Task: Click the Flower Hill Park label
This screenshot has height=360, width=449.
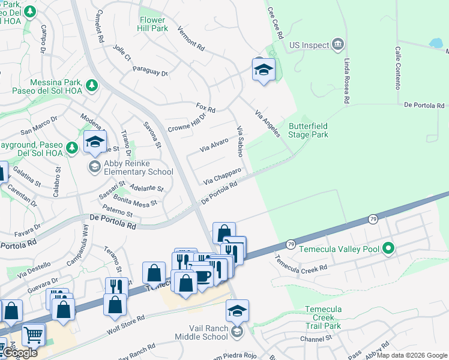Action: (x=152, y=24)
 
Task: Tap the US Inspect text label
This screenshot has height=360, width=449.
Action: (x=309, y=45)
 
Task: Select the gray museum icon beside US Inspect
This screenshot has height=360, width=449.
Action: (x=338, y=45)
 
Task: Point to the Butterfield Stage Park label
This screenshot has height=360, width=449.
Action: (x=309, y=130)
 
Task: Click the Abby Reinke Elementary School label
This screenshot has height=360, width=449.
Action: (x=139, y=167)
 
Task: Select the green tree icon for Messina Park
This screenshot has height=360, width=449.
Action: (x=91, y=86)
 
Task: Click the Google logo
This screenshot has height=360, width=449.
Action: (x=19, y=353)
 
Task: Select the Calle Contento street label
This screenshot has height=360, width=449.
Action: (x=397, y=68)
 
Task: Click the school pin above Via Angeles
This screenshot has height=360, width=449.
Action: (x=264, y=70)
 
